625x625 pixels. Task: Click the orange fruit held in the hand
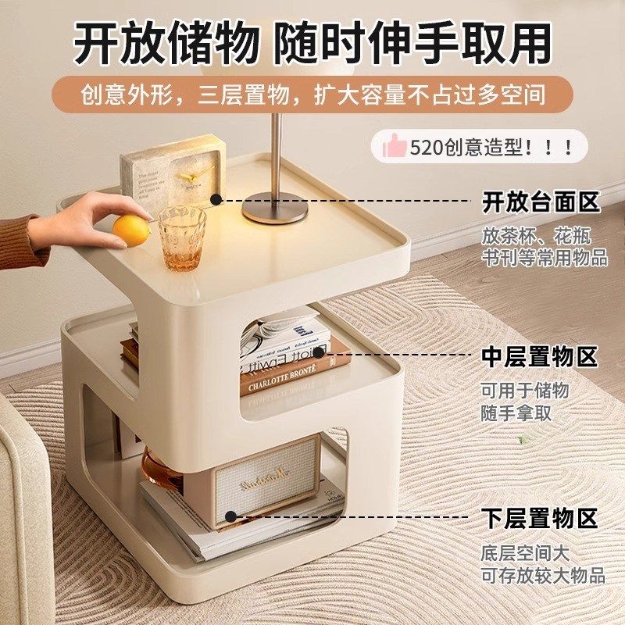130,230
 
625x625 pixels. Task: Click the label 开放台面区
541,202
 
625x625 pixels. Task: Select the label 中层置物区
540,357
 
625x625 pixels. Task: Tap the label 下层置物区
540,517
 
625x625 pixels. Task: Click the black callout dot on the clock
216,201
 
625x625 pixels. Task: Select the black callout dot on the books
318,354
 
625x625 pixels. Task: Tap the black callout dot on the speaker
231,516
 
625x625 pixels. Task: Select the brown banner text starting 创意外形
312,95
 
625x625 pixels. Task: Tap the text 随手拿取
516,413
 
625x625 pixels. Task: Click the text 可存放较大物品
543,576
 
